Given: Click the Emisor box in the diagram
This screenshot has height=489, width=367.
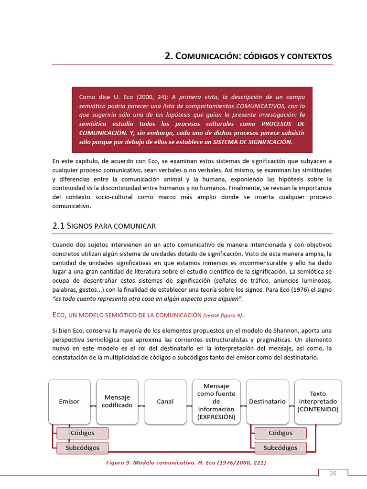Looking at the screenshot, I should [69, 402].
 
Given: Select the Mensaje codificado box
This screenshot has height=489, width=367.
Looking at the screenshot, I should [117, 402].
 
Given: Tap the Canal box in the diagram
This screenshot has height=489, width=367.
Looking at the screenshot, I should [165, 402].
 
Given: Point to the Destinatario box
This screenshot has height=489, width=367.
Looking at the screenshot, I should [267, 402].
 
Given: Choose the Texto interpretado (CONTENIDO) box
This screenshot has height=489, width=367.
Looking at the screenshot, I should [318, 402].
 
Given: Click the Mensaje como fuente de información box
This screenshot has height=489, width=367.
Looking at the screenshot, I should [216, 402].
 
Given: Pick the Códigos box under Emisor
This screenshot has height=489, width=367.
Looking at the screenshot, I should [82, 433].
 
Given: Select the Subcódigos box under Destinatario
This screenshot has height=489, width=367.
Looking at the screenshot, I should [281, 448].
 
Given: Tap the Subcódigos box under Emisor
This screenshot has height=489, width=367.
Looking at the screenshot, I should [82, 448].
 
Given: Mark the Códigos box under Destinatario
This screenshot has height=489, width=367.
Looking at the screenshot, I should [281, 433].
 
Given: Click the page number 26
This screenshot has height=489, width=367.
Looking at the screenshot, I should [333, 474].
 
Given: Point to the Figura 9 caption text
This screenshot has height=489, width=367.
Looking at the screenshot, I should [186, 463].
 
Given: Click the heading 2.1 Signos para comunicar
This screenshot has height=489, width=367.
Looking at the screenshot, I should [104, 225].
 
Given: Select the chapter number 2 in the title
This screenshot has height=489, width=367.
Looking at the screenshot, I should [168, 56].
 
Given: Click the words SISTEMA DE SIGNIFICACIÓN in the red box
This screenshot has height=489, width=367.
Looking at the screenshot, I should [255, 142].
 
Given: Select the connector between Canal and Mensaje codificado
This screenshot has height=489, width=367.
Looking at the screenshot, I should [141, 405].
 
